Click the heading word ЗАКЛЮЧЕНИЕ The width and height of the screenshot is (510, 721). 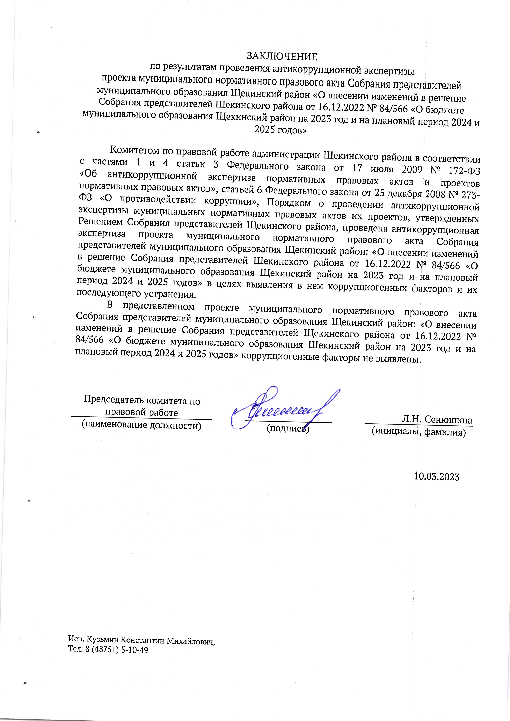282,57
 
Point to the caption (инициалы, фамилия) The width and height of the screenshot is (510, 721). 418,432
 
